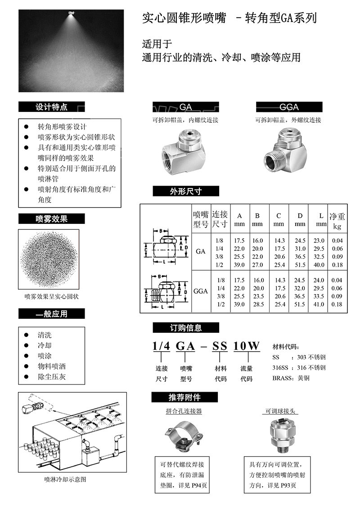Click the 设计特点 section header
[51, 107]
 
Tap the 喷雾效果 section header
[51, 219]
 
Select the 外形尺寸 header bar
[185, 191]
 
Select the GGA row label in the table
[200, 291]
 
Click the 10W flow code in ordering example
[247, 346]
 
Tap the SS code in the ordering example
[220, 346]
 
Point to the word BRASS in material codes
[282, 378]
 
